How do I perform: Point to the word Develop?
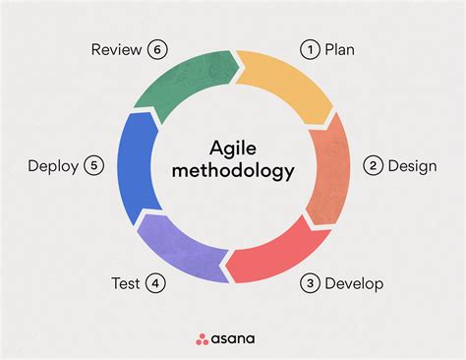355,284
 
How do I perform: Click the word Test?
126,284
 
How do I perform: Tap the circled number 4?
154,284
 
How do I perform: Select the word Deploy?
53,165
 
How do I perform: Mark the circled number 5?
94,165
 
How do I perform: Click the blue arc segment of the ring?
134,167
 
